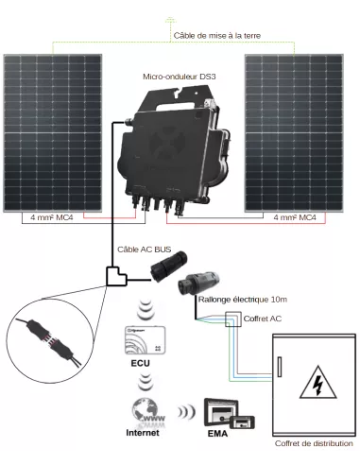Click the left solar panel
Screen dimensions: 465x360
[58, 131]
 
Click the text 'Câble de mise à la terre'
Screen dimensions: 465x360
[216, 36]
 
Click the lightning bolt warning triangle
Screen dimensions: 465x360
[311, 385]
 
